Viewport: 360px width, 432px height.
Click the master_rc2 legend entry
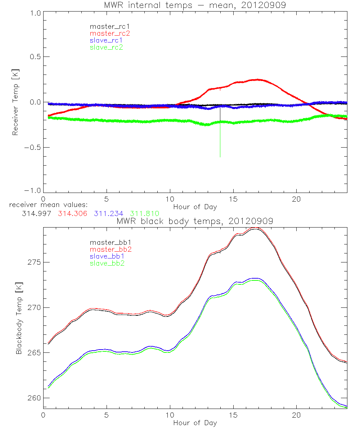click(x=109, y=33)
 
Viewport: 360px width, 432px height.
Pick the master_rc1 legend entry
click(x=109, y=26)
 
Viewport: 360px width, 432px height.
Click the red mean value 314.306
click(x=72, y=213)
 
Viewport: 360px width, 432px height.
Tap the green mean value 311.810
click(x=144, y=213)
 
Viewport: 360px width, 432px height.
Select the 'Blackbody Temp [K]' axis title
click(x=19, y=317)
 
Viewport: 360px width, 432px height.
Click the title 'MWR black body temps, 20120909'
click(x=195, y=221)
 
